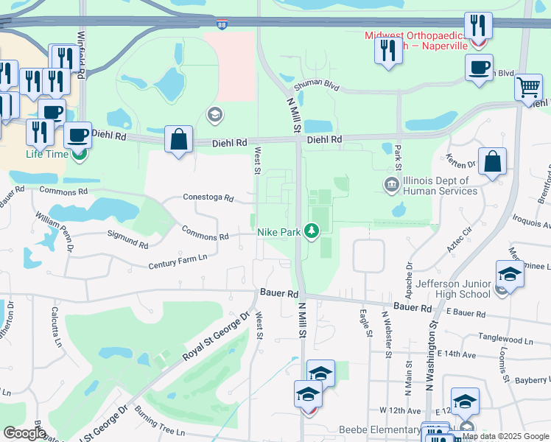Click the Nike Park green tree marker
(312, 231)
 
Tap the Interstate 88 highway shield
(222, 24)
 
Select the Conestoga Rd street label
(208, 198)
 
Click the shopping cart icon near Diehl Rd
(528, 88)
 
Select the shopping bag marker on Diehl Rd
(178, 138)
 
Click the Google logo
(24, 433)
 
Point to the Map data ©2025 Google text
(505, 436)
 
